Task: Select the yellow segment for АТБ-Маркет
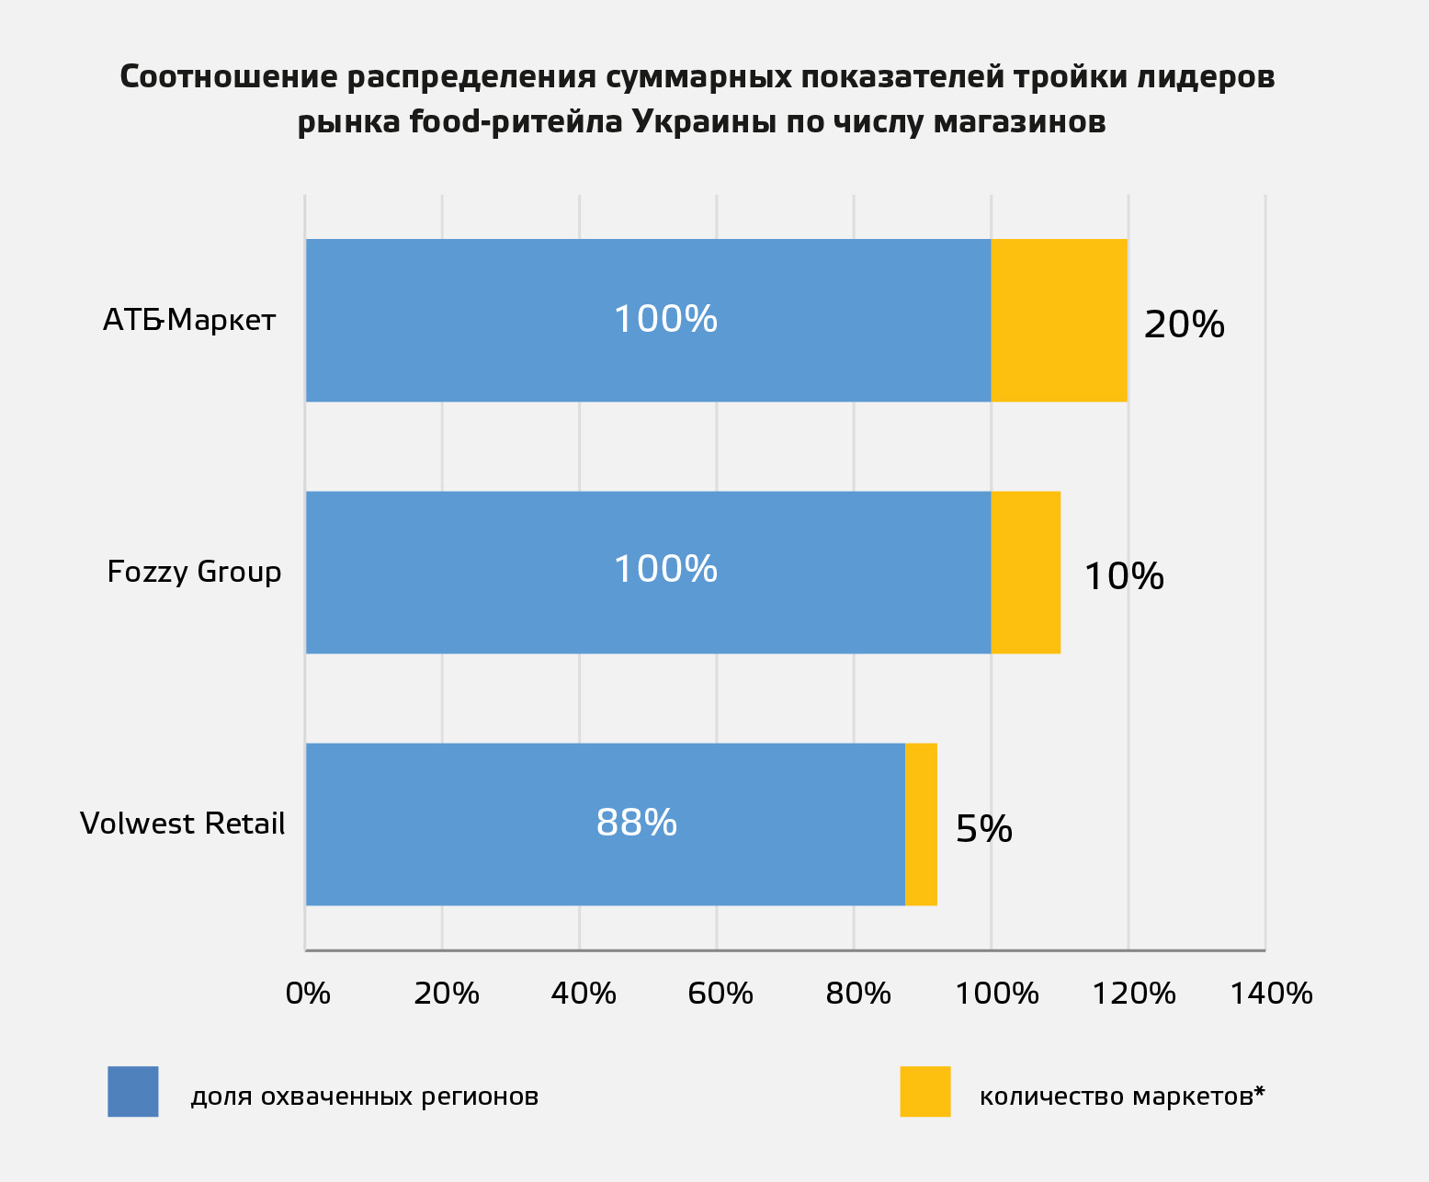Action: coord(1059,320)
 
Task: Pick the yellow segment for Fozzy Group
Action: coord(1026,572)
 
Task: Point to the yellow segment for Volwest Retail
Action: coord(921,824)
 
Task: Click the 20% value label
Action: coord(1184,324)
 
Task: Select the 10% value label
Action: coord(1124,576)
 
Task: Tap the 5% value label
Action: coord(984,829)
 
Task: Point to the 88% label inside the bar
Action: coord(636,822)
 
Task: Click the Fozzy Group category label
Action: coord(194,572)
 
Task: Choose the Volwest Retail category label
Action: coord(182,824)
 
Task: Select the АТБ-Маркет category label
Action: coord(189,320)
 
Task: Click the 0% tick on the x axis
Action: coord(308,994)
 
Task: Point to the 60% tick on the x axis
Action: coord(720,994)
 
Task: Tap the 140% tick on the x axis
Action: coord(1271,994)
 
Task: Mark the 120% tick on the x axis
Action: coord(1133,994)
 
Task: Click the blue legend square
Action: coord(133,1091)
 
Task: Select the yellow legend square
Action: coord(924,1091)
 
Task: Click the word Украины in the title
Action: coord(697,122)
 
